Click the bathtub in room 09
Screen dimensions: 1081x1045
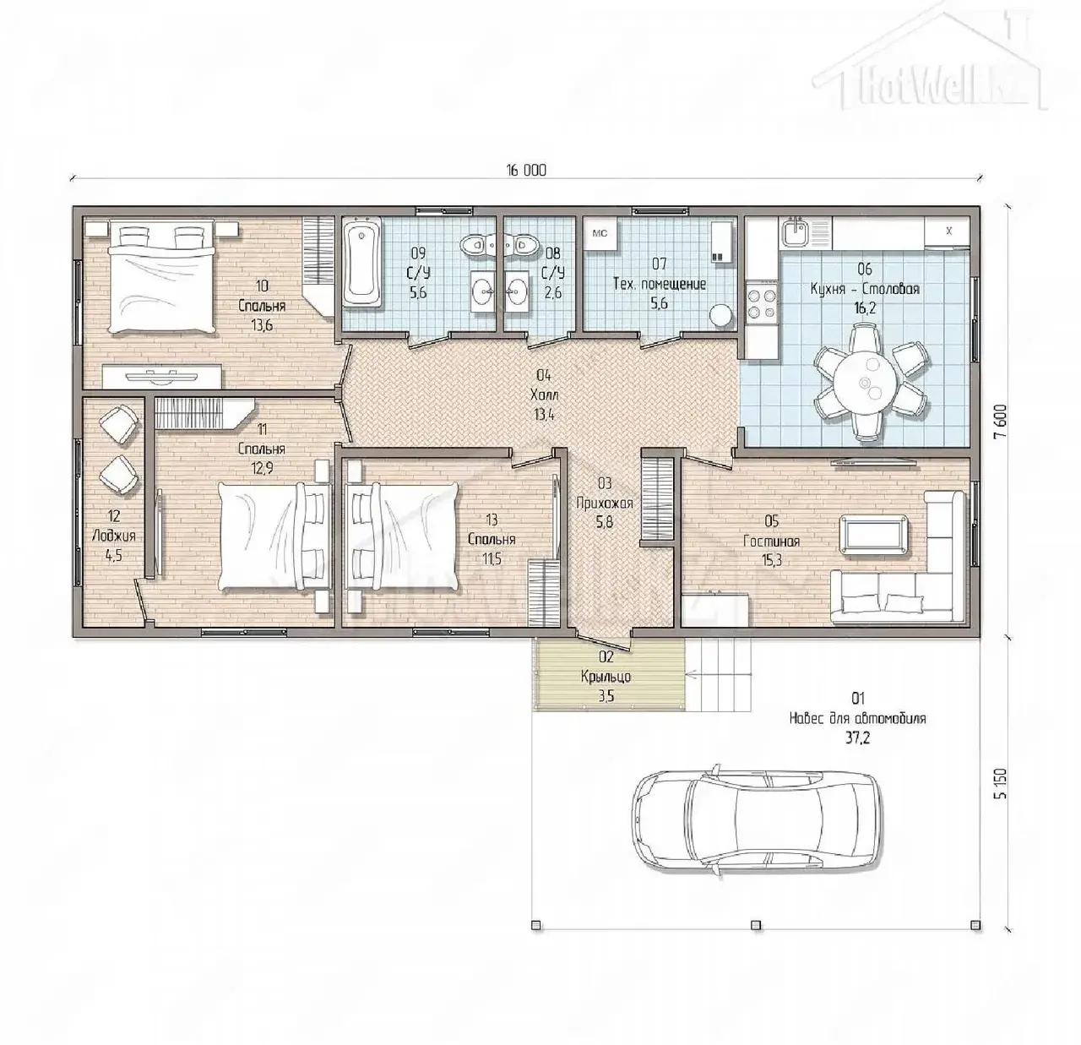click(362, 264)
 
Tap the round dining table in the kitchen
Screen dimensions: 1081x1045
click(865, 383)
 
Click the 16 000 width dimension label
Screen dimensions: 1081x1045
click(526, 171)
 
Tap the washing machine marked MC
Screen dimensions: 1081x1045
click(600, 234)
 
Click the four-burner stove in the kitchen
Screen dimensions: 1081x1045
click(762, 302)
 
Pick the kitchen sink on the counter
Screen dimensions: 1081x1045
click(797, 233)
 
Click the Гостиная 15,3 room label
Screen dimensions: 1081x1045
click(772, 541)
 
